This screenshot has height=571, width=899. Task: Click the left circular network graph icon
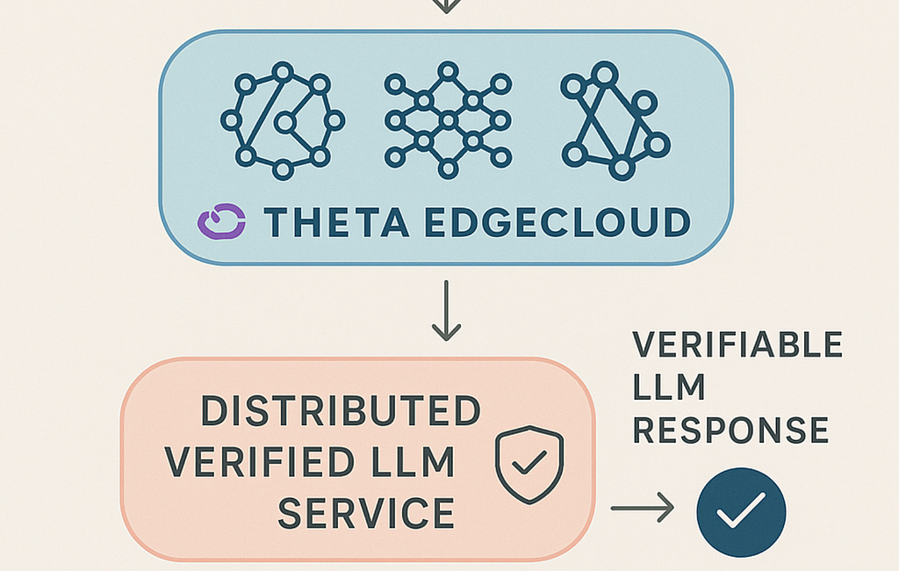coord(283,120)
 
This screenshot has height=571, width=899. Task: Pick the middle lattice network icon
coord(448,120)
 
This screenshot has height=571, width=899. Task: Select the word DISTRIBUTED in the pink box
coord(342,411)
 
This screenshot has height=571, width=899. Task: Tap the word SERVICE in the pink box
coord(366,512)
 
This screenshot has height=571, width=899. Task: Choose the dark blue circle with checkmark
coord(741,512)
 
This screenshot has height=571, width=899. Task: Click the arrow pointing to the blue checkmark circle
coord(643,508)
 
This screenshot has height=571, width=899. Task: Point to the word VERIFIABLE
coord(737,345)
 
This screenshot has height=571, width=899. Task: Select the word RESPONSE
coord(730,430)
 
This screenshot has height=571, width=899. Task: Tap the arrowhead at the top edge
coord(446,5)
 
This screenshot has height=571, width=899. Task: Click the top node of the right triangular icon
coord(604,72)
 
